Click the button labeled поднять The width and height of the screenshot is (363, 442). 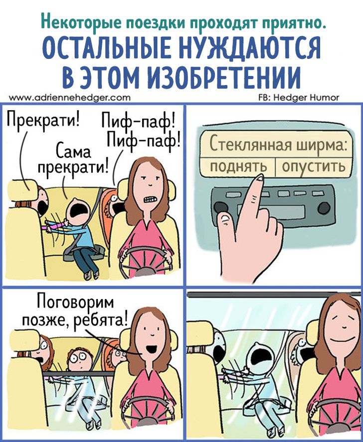(x=238, y=167)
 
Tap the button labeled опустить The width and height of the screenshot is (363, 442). (x=314, y=167)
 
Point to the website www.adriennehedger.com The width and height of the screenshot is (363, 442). (x=70, y=98)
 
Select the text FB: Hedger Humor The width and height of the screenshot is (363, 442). (x=299, y=98)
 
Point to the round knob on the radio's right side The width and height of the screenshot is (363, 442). (x=323, y=208)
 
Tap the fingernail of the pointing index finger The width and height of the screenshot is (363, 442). (x=259, y=178)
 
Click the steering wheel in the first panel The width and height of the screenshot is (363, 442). (x=145, y=262)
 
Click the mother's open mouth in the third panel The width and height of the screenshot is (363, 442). (x=152, y=349)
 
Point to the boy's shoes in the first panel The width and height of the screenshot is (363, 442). (x=92, y=275)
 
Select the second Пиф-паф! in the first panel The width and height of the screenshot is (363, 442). (x=143, y=140)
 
